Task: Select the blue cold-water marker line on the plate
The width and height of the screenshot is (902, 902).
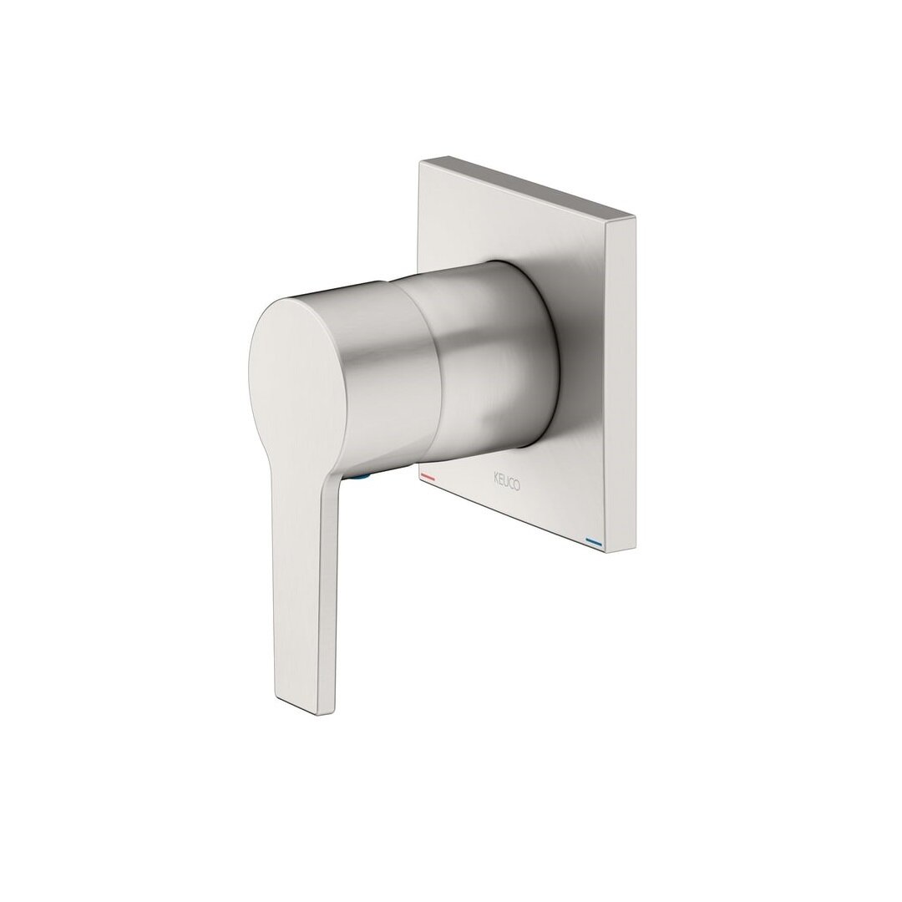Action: point(594,540)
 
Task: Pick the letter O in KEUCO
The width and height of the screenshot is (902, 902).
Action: point(517,486)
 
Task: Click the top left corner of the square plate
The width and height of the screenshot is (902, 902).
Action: point(420,162)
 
